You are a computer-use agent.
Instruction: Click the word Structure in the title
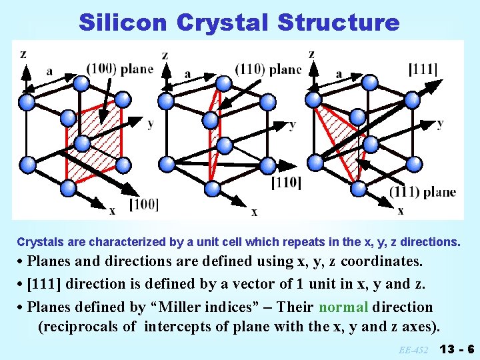[338, 22]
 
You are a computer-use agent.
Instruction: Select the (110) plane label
[267, 69]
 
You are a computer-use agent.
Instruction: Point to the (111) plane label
[423, 192]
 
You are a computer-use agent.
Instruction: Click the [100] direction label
[143, 203]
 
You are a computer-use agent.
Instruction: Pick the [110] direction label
[286, 182]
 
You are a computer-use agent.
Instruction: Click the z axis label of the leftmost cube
[23, 54]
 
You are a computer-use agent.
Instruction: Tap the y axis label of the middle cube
[293, 124]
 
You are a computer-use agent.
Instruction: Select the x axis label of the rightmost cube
[400, 211]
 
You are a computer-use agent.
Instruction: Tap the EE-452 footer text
[415, 349]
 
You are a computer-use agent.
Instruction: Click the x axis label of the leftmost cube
[112, 211]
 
